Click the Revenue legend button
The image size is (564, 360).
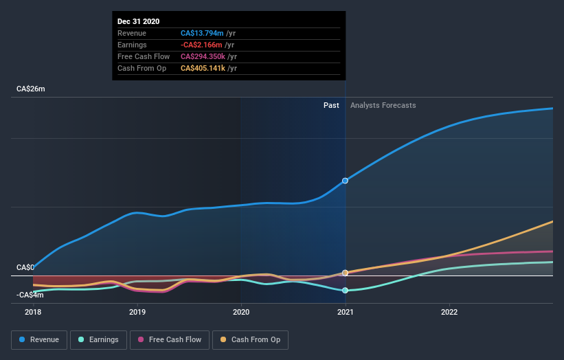pyautogui.click(x=40, y=339)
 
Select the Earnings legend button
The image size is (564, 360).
pyautogui.click(x=99, y=339)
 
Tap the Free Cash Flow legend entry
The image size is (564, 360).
pyautogui.click(x=170, y=339)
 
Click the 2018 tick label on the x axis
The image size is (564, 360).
pyautogui.click(x=33, y=312)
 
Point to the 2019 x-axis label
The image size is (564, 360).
pyautogui.click(x=137, y=312)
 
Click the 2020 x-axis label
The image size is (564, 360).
pyautogui.click(x=241, y=312)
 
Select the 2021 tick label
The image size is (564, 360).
pyautogui.click(x=345, y=312)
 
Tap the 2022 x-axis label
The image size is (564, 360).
pyautogui.click(x=449, y=312)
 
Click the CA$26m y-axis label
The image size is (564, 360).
pyautogui.click(x=31, y=89)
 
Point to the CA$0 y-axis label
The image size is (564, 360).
pyautogui.click(x=25, y=267)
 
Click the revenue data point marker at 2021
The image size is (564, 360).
pyautogui.click(x=345, y=181)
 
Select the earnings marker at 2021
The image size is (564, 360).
pyautogui.click(x=345, y=290)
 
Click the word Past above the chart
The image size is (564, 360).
pyautogui.click(x=331, y=105)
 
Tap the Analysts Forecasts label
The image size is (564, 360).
pyautogui.click(x=383, y=105)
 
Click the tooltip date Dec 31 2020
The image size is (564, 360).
pyautogui.click(x=138, y=21)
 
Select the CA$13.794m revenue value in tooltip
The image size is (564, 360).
pyautogui.click(x=202, y=33)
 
